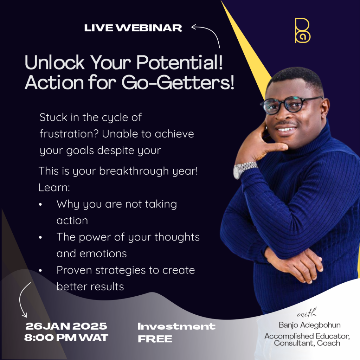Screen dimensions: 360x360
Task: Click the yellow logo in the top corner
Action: tap(302, 31)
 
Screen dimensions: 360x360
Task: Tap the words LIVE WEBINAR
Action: tap(133, 28)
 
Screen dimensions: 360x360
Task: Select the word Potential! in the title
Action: tap(180, 62)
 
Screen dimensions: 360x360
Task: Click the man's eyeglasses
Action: tap(291, 104)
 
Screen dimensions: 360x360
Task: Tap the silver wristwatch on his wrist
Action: tap(245, 170)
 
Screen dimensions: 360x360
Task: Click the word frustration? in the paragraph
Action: tap(69, 134)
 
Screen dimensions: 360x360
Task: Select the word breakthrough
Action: tap(134, 171)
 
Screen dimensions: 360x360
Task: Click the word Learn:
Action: tap(54, 188)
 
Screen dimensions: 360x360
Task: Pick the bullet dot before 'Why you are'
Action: tap(40, 204)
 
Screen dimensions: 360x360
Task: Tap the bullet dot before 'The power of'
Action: tap(40, 237)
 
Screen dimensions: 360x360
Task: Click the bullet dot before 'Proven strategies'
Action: tap(40, 270)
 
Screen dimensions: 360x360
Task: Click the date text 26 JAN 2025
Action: tap(66, 326)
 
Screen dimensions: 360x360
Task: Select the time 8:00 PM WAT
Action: tap(66, 337)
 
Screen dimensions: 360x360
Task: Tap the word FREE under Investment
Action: tap(155, 339)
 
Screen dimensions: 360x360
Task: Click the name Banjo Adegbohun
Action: tap(309, 325)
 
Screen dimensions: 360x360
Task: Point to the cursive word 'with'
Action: tap(307, 313)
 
